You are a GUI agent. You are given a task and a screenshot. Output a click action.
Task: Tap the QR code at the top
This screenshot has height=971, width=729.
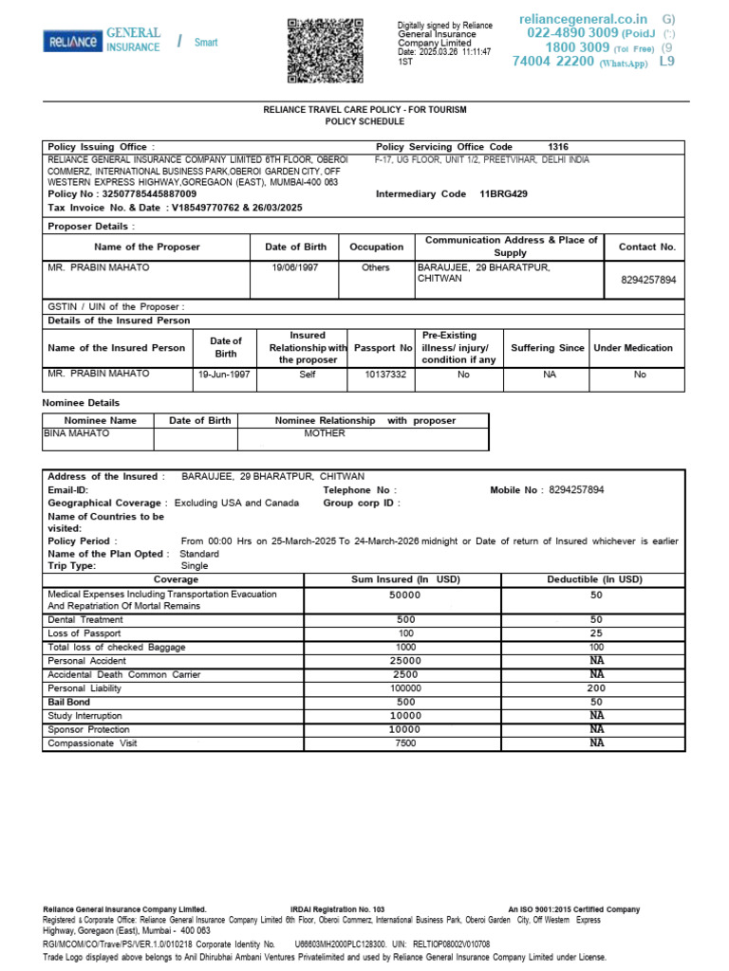point(325,50)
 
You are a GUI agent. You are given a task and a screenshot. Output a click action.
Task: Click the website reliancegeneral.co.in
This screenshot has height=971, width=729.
point(583,19)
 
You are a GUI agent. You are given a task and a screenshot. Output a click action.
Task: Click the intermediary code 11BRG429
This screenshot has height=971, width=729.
point(503,193)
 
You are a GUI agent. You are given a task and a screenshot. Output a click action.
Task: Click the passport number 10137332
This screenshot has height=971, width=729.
point(385,375)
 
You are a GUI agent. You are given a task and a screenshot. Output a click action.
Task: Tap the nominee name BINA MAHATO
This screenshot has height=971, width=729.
point(77,433)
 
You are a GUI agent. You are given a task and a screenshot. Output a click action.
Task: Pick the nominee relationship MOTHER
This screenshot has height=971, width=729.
point(325,433)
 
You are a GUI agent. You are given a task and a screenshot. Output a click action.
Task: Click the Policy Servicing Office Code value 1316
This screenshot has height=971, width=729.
point(558,147)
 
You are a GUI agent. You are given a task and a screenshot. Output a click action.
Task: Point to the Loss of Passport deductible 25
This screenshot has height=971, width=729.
point(596,632)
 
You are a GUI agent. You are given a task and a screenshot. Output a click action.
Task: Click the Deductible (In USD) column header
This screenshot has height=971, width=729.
point(594,579)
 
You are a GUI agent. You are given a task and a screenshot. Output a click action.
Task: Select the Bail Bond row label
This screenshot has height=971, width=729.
point(68,702)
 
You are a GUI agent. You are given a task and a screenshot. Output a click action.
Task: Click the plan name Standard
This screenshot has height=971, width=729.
point(199,554)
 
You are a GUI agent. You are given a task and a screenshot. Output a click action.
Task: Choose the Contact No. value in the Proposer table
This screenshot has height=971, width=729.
point(647,281)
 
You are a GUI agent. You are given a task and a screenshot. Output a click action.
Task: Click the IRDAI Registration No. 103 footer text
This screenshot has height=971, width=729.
point(337,909)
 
